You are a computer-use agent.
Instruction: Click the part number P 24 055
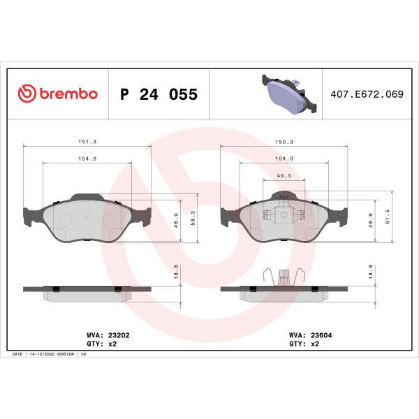pyautogui.click(x=159, y=94)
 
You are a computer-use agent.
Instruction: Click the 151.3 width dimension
pyautogui.click(x=87, y=142)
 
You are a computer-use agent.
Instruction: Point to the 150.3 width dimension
pyautogui.click(x=284, y=142)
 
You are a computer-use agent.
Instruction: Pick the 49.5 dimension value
pyautogui.click(x=284, y=177)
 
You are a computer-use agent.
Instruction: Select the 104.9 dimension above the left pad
pyautogui.click(x=87, y=159)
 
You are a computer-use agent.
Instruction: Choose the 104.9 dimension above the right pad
pyautogui.click(x=284, y=159)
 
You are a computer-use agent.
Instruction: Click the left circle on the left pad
pyautogui.click(x=64, y=221)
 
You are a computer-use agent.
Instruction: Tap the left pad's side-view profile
pyautogui.click(x=87, y=291)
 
